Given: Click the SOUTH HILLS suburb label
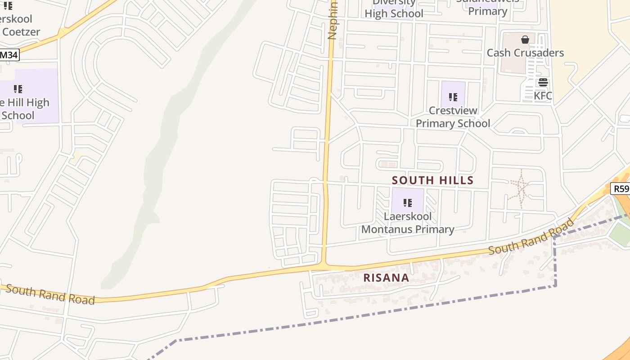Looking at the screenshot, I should [432, 180].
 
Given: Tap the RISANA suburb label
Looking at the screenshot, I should [386, 278].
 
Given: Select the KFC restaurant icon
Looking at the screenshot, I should [543, 82].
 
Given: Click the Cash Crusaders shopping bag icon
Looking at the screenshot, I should [525, 40].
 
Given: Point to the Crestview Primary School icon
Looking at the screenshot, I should [453, 97].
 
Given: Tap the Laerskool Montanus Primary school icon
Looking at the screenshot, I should [408, 203].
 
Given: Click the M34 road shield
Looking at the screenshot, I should [9, 55].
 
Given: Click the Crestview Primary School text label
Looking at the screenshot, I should [453, 117].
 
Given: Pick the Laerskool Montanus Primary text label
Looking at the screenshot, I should [408, 223].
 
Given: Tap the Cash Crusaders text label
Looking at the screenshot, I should [525, 53].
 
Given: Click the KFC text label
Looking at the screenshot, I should [543, 96].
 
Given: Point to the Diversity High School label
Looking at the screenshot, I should [394, 9].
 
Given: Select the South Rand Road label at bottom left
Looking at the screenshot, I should [50, 294].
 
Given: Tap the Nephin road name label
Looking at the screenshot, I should [333, 20].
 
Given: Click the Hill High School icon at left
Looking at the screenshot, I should [18, 89].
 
